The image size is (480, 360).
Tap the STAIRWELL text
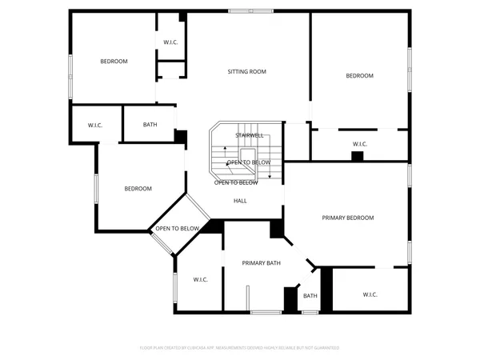249,136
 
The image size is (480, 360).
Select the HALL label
240,202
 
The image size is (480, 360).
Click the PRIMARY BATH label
262,263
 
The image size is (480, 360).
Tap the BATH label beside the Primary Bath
310,296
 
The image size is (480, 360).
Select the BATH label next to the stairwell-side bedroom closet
150,125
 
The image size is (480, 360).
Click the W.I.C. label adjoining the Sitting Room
170,42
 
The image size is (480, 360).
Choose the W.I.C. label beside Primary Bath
201,279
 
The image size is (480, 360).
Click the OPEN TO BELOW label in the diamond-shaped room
177,229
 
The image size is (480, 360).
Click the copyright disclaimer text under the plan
239,348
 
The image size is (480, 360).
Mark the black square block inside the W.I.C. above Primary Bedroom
358,156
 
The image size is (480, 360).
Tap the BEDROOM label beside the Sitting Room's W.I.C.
114,62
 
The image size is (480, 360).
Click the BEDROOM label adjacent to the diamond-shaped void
138,189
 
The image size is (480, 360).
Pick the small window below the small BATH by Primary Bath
310,312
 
